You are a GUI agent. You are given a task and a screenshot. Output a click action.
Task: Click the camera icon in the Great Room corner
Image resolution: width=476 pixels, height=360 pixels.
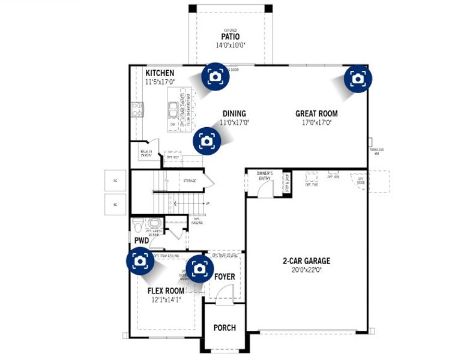pyautogui.click(x=358, y=79)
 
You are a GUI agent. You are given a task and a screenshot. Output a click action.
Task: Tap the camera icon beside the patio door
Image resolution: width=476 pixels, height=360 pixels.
pyautogui.click(x=214, y=76)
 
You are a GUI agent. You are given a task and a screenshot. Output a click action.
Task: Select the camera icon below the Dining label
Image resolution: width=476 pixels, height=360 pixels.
pyautogui.click(x=206, y=140)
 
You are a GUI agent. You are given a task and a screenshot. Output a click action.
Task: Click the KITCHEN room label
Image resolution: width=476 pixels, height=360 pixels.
pyautogui.click(x=160, y=73)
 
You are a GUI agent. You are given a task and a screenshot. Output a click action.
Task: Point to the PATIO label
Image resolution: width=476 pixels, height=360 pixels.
pyautogui.click(x=230, y=37)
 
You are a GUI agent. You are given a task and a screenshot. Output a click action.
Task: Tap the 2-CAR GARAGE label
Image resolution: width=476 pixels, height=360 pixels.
pyautogui.click(x=307, y=261)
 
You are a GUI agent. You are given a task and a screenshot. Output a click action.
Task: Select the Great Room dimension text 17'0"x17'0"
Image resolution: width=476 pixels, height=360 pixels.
pyautogui.click(x=316, y=122)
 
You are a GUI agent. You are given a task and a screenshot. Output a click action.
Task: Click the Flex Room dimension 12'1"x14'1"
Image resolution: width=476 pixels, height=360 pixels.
pyautogui.click(x=166, y=300)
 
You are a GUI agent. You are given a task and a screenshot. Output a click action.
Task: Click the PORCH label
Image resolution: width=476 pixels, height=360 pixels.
pyautogui.click(x=224, y=328)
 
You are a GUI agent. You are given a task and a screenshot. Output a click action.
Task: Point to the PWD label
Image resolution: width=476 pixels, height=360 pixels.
pyautogui.click(x=141, y=241)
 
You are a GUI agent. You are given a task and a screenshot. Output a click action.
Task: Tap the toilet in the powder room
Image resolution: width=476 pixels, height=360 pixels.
pyautogui.click(x=137, y=226)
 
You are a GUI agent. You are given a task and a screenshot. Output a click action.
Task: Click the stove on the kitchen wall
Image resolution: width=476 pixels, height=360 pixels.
pyautogui.click(x=136, y=109)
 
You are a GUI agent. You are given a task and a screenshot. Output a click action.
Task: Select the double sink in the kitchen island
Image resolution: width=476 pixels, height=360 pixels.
pyautogui.click(x=173, y=109)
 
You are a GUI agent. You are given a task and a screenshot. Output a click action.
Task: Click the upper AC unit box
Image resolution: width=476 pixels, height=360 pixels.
pyautogui.click(x=113, y=180)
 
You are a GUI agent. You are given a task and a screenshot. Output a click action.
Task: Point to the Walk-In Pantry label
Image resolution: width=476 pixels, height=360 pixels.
pyautogui.click(x=146, y=154)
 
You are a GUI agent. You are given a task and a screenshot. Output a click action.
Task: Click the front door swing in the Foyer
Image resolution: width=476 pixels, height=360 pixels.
pyautogui.click(x=223, y=293)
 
